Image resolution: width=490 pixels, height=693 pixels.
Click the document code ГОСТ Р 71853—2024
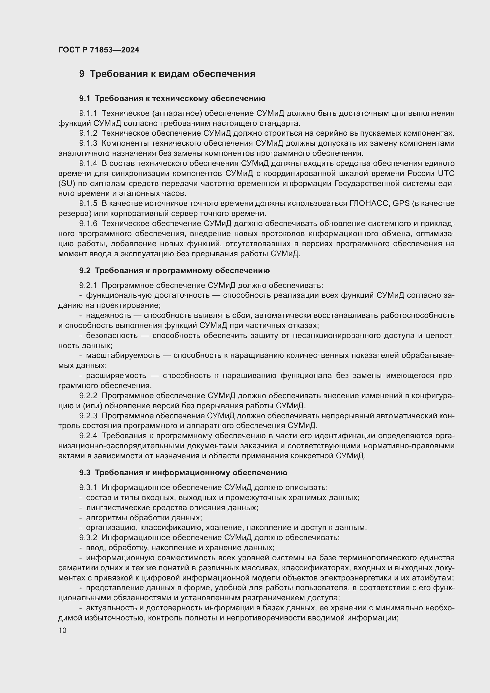point(99,50)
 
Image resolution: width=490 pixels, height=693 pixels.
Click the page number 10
point(63,630)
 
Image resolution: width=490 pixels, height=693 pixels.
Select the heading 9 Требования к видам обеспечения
point(167,74)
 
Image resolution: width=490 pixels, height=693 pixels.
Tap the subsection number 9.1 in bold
point(84,98)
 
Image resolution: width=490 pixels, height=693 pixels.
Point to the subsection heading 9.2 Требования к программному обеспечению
point(174,271)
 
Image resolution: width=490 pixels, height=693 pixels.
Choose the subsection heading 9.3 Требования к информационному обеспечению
point(183,473)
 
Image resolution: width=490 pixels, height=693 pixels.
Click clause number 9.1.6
point(88,224)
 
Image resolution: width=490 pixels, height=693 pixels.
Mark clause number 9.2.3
point(88,416)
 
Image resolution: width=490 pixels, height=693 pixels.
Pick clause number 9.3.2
point(88,537)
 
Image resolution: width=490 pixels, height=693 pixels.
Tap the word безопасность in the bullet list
point(112,336)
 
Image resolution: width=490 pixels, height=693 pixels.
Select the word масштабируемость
point(123,356)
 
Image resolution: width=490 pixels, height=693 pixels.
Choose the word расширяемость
point(116,376)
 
